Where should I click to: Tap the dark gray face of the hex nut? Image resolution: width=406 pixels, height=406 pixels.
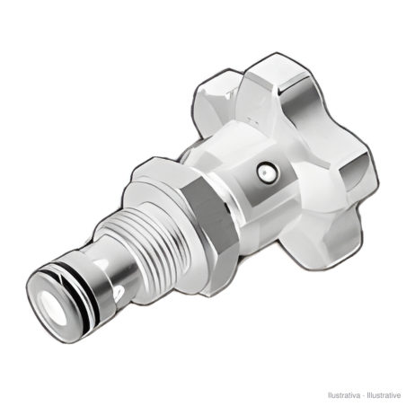(209, 216)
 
